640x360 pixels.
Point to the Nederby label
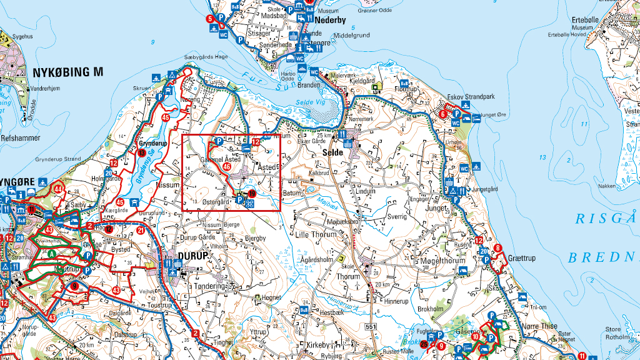(x=331, y=20)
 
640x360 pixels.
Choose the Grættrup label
(x=522, y=257)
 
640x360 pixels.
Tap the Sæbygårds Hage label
(x=206, y=57)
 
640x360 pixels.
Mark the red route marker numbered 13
(x=142, y=153)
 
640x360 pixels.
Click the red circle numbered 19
(x=252, y=195)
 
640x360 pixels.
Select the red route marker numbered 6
(x=442, y=114)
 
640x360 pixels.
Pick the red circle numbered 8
(x=497, y=248)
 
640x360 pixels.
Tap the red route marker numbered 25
(x=424, y=344)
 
